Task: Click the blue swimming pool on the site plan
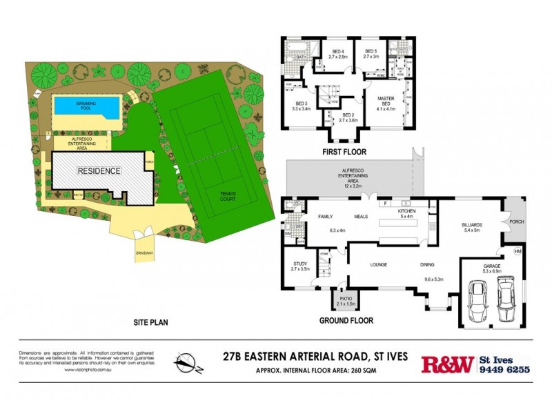tap(87, 106)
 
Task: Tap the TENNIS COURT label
tap(228, 197)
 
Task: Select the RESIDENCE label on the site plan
tap(99, 170)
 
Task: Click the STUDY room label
tap(299, 263)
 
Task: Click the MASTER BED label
tap(384, 100)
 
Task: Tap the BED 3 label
tap(301, 103)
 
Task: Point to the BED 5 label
tap(371, 52)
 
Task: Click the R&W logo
tap(447, 364)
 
